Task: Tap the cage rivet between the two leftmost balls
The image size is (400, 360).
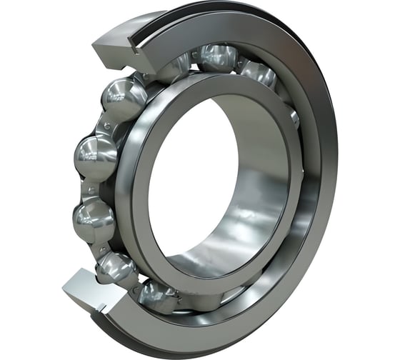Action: pos(87,187)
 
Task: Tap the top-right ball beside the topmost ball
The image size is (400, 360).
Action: pos(259,73)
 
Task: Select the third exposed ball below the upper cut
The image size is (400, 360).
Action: pos(94,217)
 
